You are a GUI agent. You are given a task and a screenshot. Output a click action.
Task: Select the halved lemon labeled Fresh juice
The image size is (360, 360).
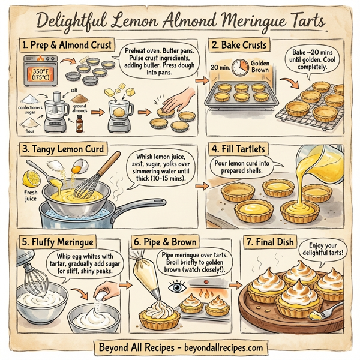31,178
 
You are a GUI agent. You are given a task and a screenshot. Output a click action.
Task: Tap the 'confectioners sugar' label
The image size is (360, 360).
26,110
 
